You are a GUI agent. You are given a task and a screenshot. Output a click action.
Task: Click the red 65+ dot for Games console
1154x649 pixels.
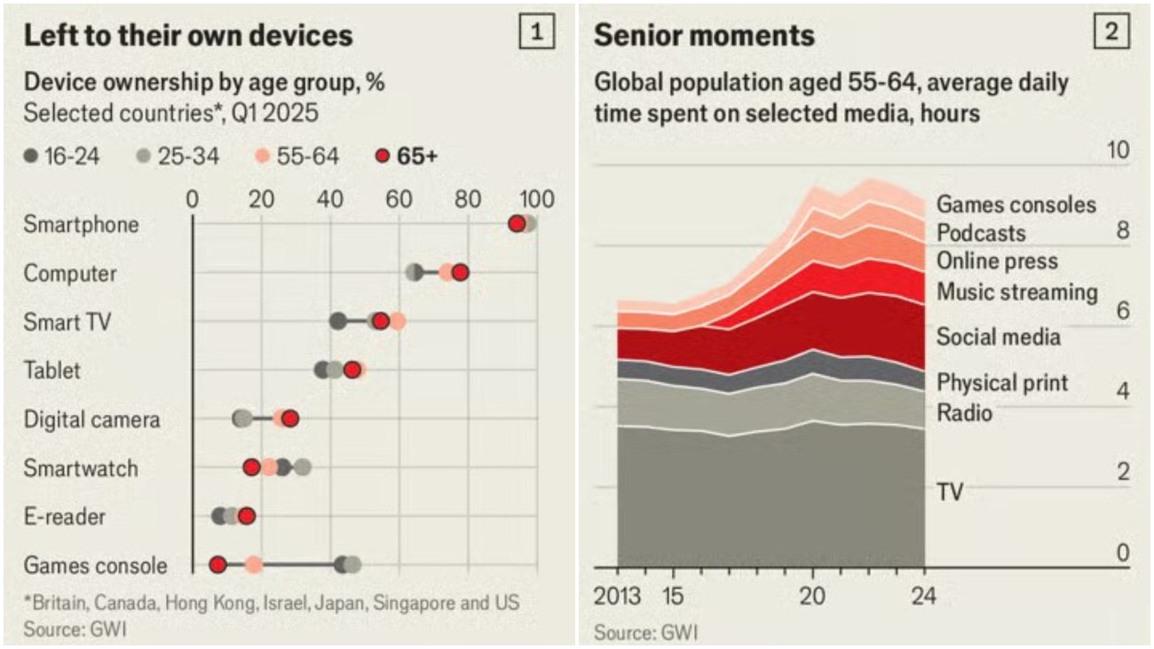(217, 565)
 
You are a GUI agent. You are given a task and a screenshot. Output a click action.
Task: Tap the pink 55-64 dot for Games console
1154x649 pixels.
(254, 565)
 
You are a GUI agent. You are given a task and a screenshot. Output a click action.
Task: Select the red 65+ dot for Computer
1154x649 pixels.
(460, 273)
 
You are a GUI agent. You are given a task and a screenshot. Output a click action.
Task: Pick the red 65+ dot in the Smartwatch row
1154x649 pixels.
(252, 467)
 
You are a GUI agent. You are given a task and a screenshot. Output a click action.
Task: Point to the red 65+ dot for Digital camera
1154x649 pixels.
(290, 418)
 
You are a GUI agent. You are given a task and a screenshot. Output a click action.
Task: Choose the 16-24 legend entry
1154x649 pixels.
(62, 156)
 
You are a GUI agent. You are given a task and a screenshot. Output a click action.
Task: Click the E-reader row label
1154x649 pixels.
(65, 516)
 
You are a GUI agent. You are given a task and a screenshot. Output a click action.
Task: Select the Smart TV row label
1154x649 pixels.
(67, 321)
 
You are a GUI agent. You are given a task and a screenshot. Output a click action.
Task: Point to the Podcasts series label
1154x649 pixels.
(981, 233)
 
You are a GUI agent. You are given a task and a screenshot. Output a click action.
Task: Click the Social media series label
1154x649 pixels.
(999, 337)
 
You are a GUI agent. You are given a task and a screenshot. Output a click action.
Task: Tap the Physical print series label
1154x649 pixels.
(1003, 383)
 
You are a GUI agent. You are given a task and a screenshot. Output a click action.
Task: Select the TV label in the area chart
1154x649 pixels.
(950, 490)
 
